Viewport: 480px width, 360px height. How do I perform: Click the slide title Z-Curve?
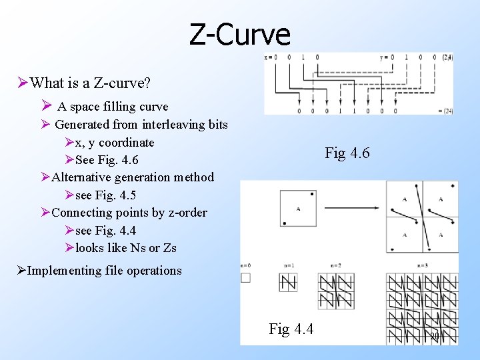(240, 34)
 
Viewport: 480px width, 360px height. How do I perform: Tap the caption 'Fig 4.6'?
(347, 153)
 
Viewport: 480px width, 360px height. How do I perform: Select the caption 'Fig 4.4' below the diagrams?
(291, 329)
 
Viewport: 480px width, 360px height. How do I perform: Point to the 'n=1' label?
(288, 265)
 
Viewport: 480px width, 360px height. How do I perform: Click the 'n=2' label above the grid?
(335, 265)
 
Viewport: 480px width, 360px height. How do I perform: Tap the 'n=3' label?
(423, 265)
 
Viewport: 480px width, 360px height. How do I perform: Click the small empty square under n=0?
(245, 277)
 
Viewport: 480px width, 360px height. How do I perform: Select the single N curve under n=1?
(288, 283)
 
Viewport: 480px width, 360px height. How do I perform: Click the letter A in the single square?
(297, 209)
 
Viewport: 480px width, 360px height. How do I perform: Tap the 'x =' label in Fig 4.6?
(269, 57)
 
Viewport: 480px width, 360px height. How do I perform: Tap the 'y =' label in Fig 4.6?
(384, 57)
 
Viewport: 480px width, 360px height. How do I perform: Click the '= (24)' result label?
(445, 110)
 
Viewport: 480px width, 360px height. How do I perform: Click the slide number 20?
(434, 337)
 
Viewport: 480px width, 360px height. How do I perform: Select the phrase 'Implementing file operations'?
(105, 271)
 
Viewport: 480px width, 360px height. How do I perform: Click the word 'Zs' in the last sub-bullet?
(169, 248)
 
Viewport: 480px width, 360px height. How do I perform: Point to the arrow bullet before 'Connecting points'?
(45, 213)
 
